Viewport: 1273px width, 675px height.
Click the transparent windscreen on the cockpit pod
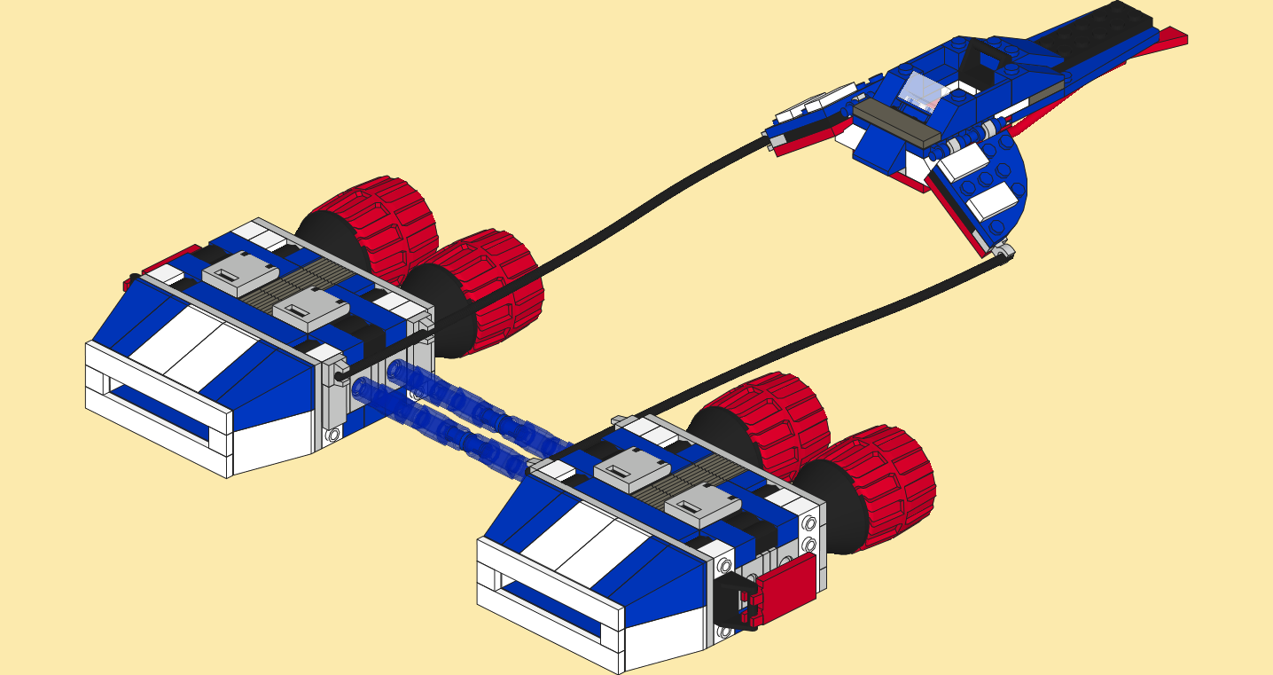click(x=918, y=90)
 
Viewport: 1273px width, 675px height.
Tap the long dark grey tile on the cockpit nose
click(x=895, y=123)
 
